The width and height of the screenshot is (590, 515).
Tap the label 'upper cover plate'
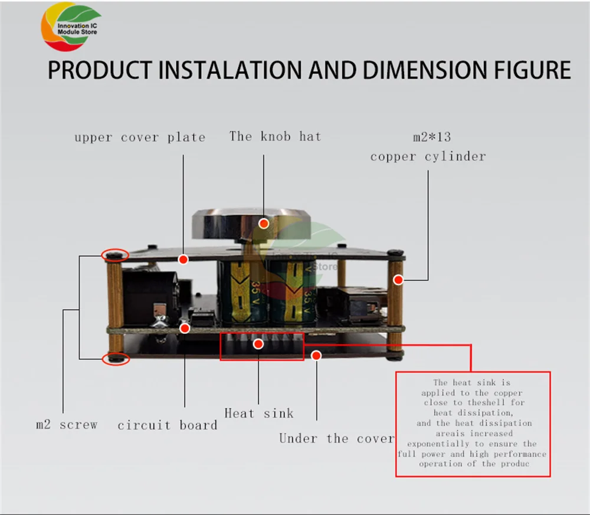(140, 137)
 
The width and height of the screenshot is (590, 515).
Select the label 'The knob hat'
(275, 136)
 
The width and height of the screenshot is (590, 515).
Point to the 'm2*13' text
(431, 137)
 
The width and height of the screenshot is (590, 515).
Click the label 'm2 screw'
(67, 424)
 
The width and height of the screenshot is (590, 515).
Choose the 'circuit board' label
(167, 425)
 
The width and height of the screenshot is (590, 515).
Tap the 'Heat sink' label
(258, 413)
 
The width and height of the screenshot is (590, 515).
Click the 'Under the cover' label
(336, 438)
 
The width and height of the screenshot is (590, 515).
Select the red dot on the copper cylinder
(398, 280)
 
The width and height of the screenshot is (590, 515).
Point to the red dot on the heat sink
(258, 344)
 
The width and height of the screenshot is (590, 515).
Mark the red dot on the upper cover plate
(183, 258)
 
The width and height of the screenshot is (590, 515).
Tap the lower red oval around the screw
(115, 358)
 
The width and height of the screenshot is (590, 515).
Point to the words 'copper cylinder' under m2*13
(428, 156)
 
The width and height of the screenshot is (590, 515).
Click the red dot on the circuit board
(185, 328)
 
